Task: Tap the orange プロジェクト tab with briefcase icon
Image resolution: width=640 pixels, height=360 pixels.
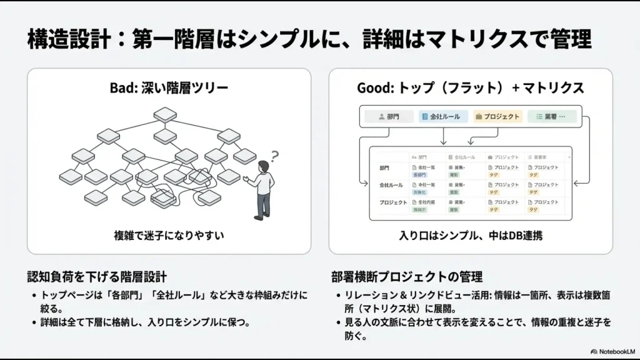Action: point(497,116)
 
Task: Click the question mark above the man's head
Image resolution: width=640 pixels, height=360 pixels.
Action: point(274,156)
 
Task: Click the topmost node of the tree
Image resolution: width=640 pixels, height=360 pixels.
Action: point(165,114)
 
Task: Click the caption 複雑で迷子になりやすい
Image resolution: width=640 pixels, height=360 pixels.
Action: point(169,236)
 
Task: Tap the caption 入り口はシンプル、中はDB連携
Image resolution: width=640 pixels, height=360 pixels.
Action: point(470,236)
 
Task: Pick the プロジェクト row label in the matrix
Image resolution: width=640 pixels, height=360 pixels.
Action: point(393,203)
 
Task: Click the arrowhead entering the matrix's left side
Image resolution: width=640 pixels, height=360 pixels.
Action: point(367,183)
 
